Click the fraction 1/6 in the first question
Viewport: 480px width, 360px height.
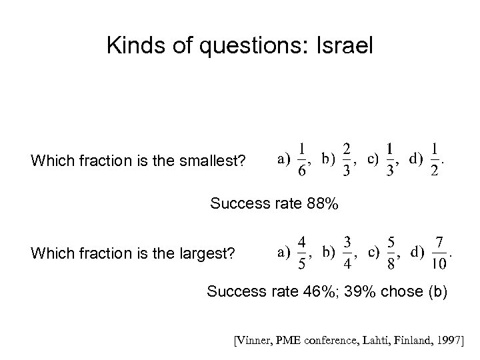click(x=303, y=160)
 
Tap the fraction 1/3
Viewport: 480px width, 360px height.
click(x=390, y=160)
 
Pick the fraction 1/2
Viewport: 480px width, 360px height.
click(x=435, y=160)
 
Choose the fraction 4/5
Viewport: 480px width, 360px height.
click(x=302, y=253)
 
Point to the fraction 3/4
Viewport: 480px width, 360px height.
click(x=347, y=253)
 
